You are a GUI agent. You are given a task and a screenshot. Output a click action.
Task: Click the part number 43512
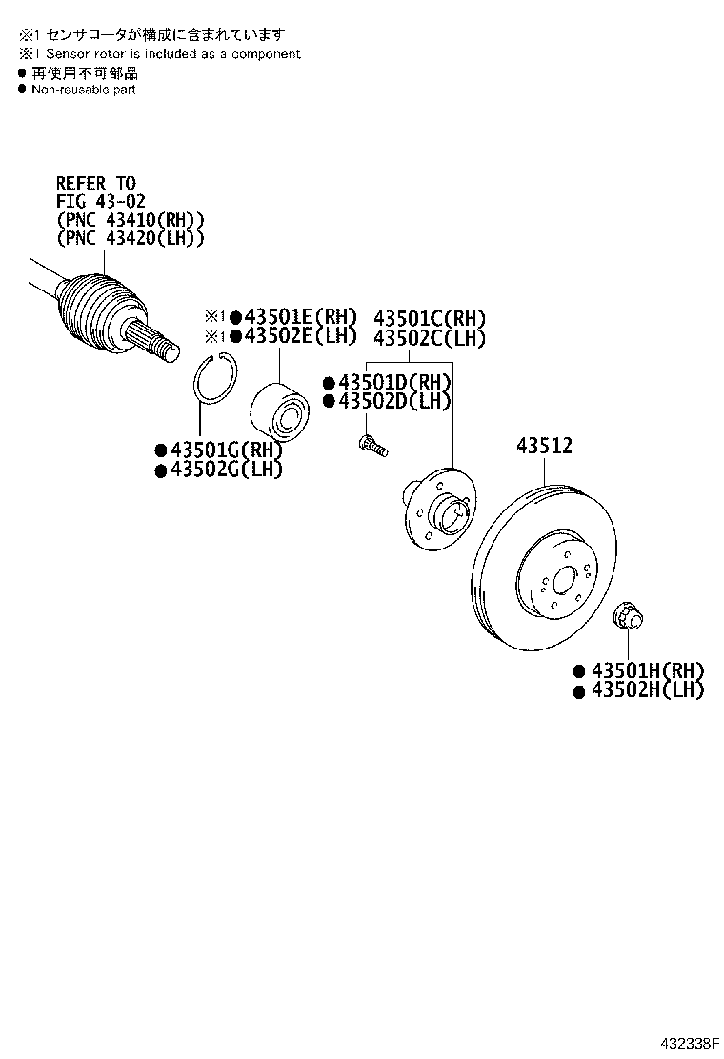(545, 445)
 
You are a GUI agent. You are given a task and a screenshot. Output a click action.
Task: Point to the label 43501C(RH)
(430, 318)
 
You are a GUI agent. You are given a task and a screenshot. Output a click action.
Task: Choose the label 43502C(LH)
(430, 338)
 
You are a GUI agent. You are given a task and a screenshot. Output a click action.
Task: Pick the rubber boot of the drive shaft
(101, 309)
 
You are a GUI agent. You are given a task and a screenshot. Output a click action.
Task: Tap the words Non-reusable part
(84, 90)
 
